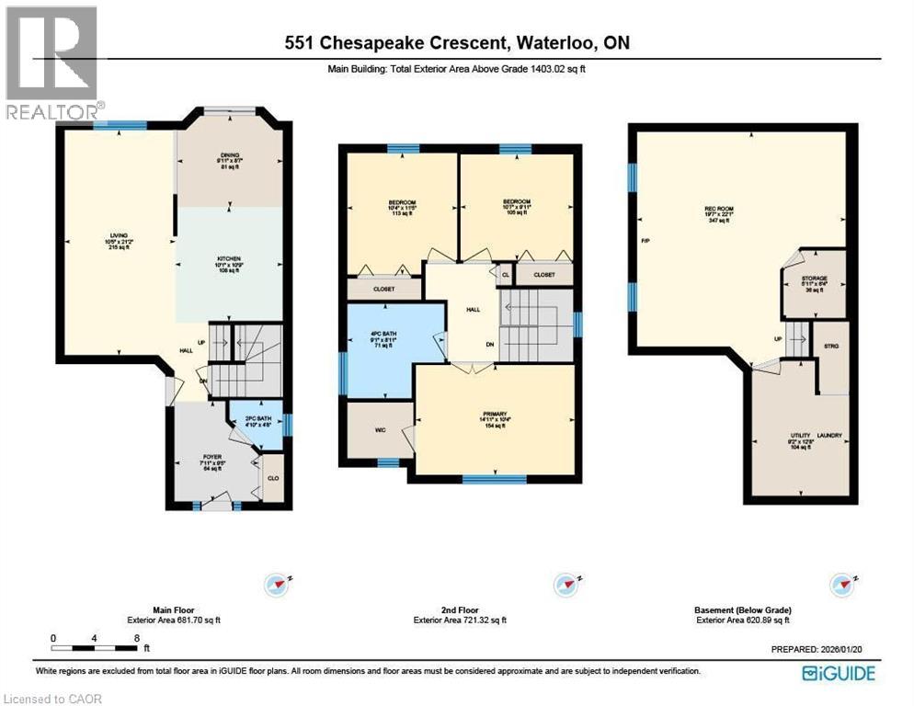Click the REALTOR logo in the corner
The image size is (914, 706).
(51, 63)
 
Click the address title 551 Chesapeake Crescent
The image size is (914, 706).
(456, 42)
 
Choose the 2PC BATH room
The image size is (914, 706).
(257, 422)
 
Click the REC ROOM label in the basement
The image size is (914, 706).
(716, 210)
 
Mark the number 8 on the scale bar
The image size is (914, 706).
(136, 636)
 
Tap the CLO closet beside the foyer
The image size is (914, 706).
(272, 478)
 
